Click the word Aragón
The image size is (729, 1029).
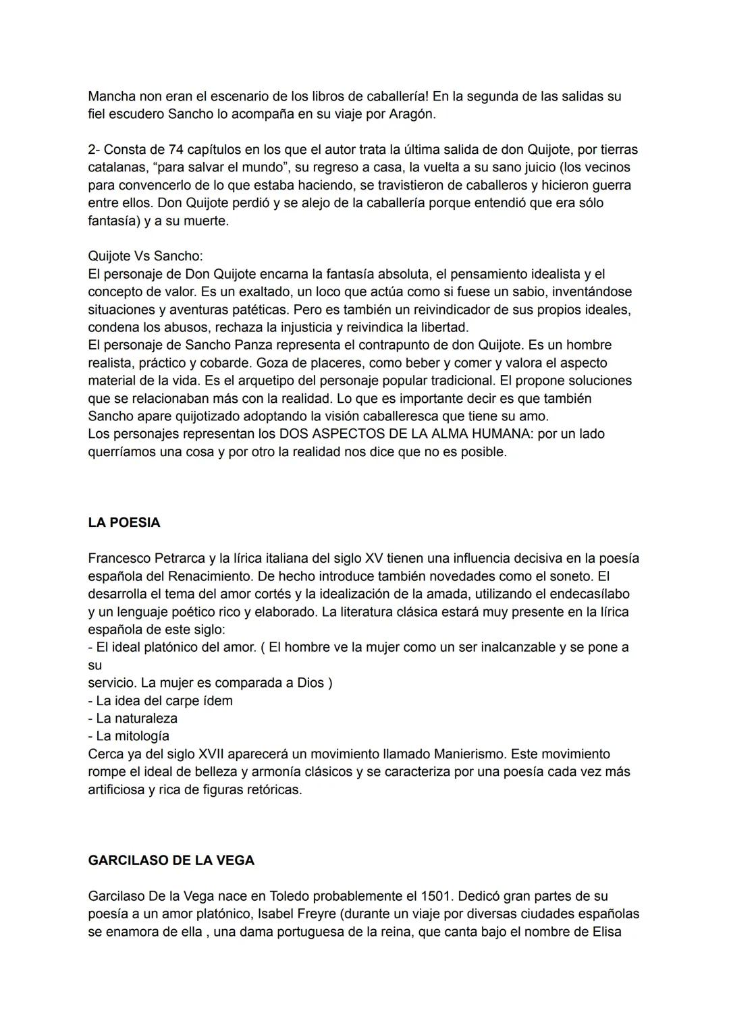coord(412,114)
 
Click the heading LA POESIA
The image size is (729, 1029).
coord(124,522)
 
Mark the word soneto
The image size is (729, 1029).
coord(570,576)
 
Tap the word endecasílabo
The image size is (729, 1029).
coord(589,594)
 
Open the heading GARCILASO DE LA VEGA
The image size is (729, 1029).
coord(171,860)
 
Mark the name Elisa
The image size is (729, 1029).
coord(603,932)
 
